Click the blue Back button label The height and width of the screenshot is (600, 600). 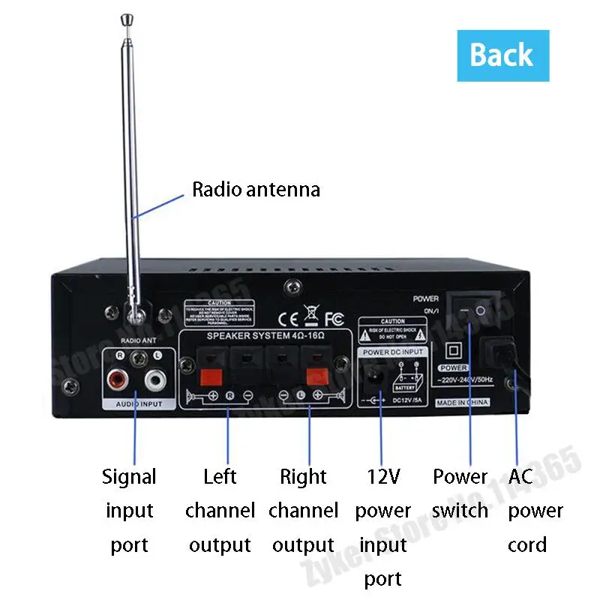click(502, 55)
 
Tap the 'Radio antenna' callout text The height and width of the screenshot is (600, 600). click(256, 189)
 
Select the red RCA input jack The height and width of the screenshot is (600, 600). click(118, 378)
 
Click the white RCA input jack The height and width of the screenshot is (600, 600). click(155, 379)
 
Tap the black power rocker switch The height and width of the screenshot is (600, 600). click(473, 310)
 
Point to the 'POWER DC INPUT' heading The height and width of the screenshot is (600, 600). click(393, 352)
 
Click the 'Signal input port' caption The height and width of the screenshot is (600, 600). click(130, 511)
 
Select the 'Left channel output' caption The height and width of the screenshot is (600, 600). click(220, 511)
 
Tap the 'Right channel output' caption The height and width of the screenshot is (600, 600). click(303, 511)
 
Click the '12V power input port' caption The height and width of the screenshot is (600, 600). click(383, 527)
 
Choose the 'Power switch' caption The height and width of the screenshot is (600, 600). click(460, 494)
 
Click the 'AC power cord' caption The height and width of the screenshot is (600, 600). click(534, 511)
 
